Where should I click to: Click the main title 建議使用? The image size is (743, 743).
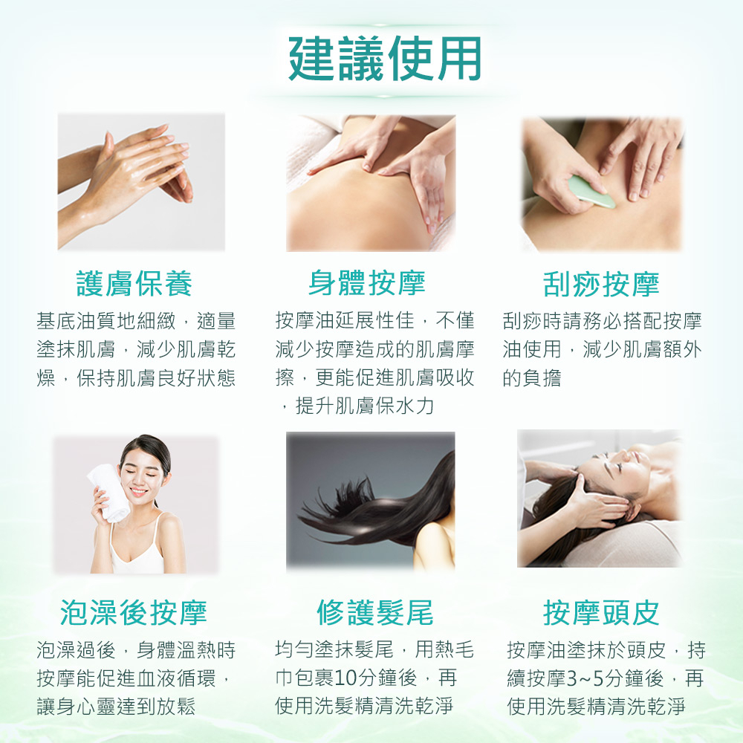[x=385, y=59]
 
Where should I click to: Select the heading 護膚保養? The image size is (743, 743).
[x=134, y=283]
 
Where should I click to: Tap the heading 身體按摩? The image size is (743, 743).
[x=367, y=282]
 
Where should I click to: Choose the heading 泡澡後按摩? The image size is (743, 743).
[x=134, y=612]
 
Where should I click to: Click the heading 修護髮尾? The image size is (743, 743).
[x=374, y=612]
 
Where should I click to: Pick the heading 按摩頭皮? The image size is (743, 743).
[x=601, y=612]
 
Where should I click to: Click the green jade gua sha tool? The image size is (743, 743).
[x=591, y=192]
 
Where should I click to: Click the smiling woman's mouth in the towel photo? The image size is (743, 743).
[x=138, y=491]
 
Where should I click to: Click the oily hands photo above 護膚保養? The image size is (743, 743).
[x=141, y=182]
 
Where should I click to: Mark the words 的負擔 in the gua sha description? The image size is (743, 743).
[x=532, y=378]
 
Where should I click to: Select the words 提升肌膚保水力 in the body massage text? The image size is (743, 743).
[x=364, y=406]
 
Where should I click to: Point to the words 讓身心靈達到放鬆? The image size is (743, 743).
[x=116, y=706]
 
